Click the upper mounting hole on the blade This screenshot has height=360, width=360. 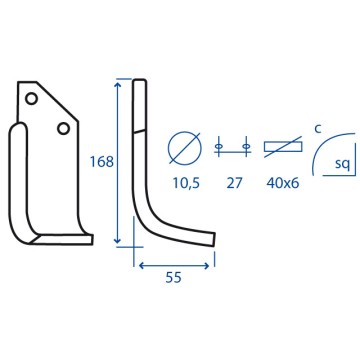(31, 98)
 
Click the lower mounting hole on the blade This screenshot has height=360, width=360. (63, 128)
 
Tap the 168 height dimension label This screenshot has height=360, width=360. (102, 162)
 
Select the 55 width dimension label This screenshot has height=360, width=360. (173, 277)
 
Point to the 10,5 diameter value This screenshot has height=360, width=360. (186, 183)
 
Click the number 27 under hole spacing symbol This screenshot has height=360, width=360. (234, 183)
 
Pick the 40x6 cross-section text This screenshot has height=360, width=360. (283, 183)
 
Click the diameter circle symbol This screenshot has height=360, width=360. (185, 147)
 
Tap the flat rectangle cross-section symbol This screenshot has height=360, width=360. (283, 147)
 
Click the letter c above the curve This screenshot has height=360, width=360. (318, 130)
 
